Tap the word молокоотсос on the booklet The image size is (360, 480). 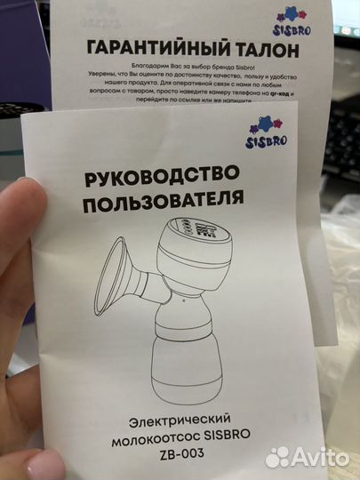[160, 436]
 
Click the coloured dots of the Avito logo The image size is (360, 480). [278, 456]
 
